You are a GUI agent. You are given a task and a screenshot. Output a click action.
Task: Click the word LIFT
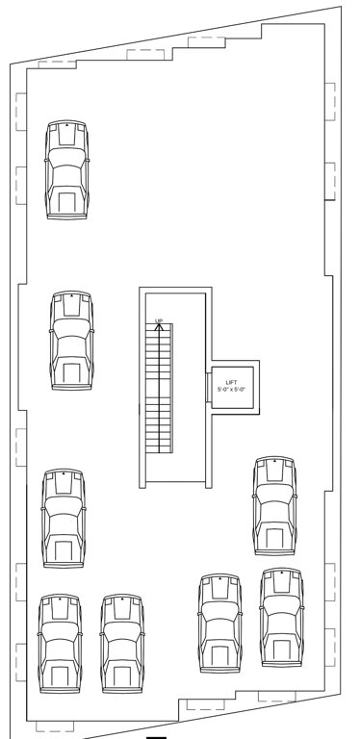click(231, 382)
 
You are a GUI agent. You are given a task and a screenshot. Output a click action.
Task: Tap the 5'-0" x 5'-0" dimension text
click(231, 389)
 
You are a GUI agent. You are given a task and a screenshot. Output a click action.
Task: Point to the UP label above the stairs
click(159, 320)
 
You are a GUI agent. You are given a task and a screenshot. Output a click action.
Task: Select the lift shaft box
click(232, 386)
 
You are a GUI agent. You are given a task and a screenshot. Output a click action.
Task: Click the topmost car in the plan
click(65, 170)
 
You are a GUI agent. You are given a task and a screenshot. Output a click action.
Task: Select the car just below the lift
click(274, 506)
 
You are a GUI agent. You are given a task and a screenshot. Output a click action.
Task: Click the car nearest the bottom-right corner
click(281, 617)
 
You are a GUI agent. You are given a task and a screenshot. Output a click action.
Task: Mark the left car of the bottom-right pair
click(219, 624)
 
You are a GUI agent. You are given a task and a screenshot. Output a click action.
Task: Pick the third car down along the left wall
click(64, 519)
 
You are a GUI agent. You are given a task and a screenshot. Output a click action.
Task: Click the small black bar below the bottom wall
click(158, 736)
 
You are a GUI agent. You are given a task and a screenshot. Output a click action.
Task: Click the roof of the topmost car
click(65, 176)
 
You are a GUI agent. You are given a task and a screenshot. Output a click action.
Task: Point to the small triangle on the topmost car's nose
click(65, 126)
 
